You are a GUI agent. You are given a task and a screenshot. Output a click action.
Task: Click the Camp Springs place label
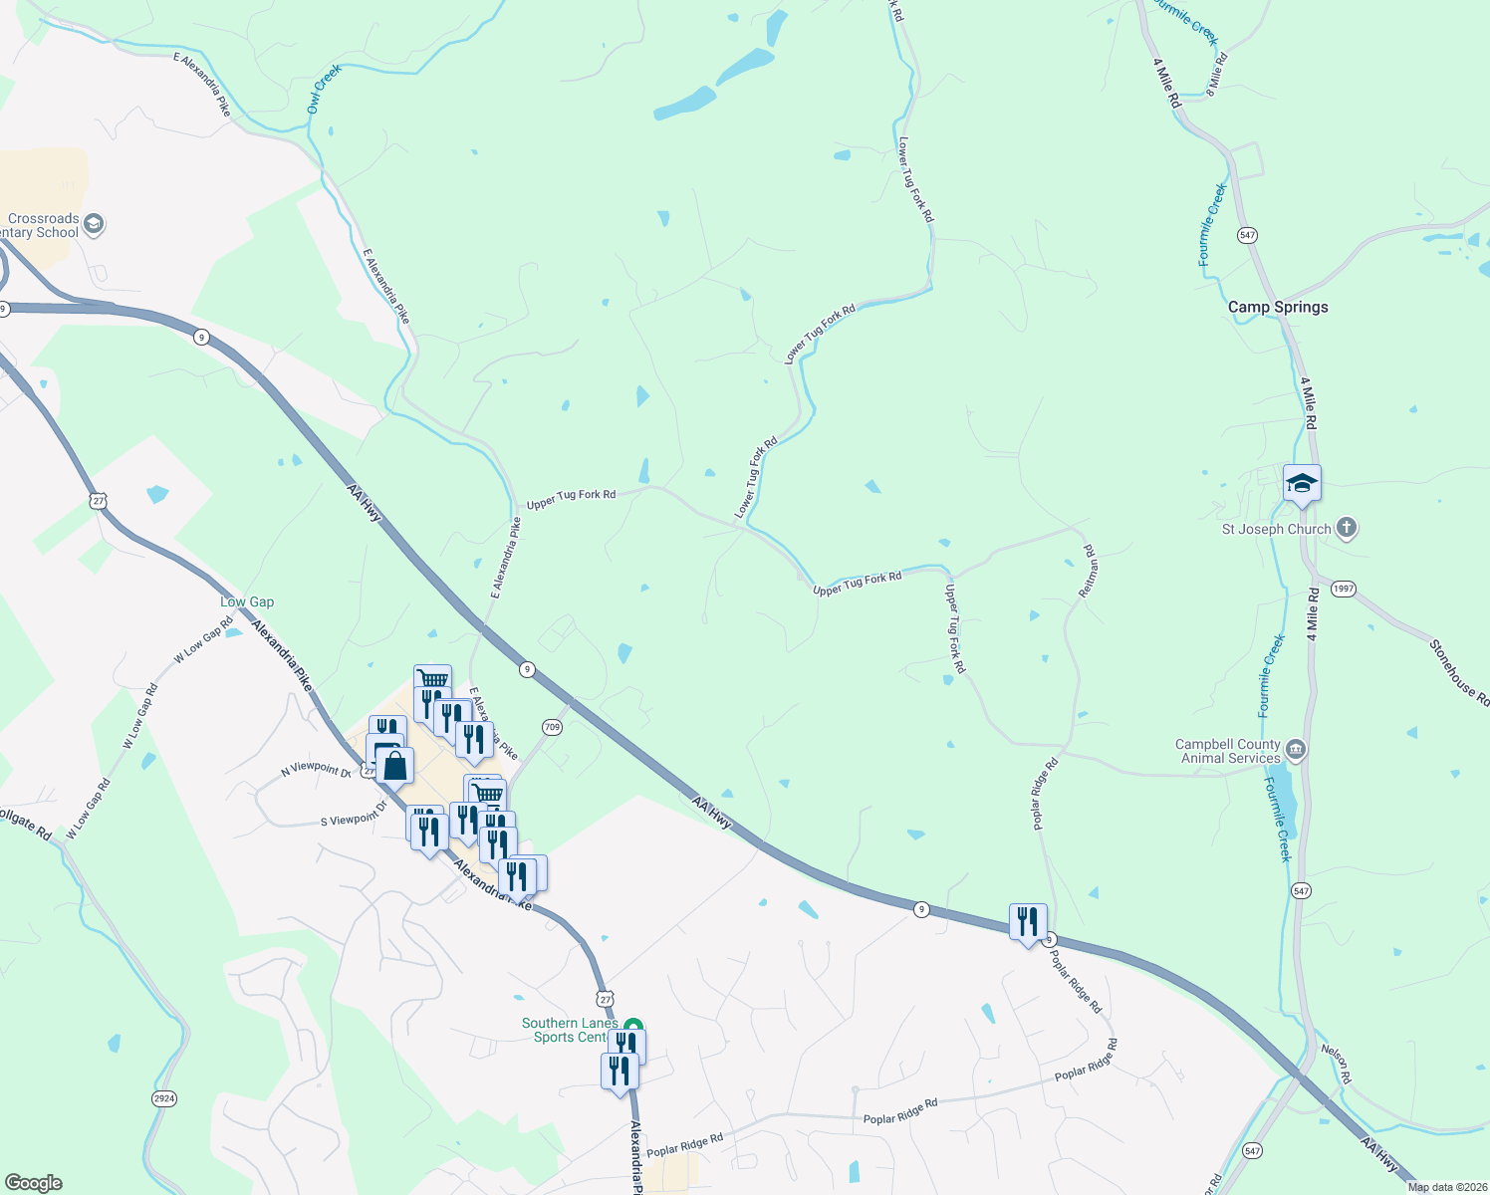1278,307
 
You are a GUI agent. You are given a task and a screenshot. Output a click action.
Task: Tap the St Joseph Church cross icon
1347,528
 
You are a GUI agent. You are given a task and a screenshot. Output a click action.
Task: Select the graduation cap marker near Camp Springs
1302,485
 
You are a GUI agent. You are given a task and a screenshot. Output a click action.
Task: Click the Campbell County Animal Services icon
1296,749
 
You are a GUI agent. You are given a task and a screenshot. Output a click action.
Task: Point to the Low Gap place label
247,601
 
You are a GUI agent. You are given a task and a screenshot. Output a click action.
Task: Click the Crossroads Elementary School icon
94,223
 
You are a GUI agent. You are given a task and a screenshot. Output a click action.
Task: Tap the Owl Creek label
324,89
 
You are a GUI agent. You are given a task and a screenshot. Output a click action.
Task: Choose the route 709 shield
553,727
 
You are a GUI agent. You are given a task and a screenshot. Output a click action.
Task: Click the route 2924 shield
164,1098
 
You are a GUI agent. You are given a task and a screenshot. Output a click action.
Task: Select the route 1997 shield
1344,589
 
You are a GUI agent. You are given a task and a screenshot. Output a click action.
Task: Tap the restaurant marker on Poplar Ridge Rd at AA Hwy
1028,922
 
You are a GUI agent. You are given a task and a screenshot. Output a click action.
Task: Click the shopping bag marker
395,767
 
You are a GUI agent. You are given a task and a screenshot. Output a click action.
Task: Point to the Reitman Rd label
1089,571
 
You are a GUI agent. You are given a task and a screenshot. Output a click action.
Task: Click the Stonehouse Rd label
1459,673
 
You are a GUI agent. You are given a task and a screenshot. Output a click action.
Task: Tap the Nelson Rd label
1337,1064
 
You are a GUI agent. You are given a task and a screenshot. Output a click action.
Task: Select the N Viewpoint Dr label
316,769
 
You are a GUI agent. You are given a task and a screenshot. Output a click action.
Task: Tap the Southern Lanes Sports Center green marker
632,1026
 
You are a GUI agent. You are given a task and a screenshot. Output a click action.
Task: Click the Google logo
33,1183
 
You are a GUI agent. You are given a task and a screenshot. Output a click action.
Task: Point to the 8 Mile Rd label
1217,73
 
